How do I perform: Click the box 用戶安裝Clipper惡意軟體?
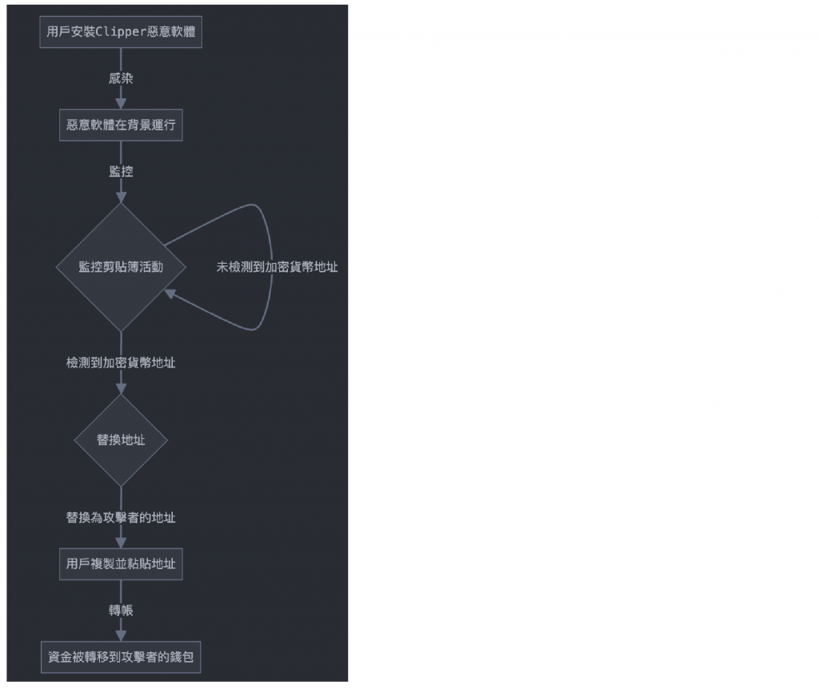tap(121, 32)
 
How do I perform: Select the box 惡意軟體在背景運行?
tap(121, 126)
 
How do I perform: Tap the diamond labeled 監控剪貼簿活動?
tap(121, 267)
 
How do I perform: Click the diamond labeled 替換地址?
tap(121, 440)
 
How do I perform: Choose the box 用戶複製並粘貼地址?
tap(121, 564)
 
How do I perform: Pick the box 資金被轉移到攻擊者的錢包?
tap(121, 658)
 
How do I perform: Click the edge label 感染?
tap(121, 78)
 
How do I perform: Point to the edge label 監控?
tap(121, 171)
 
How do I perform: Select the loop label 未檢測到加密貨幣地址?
tap(277, 267)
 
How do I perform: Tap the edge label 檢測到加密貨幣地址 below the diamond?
tap(121, 363)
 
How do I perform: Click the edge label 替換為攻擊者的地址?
tap(121, 517)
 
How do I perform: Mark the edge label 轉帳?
tap(121, 611)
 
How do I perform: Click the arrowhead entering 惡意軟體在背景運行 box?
tap(121, 103)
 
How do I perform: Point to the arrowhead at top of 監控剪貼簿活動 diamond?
tap(121, 196)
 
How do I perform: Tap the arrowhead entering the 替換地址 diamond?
tap(121, 388)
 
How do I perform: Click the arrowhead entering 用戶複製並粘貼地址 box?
tap(121, 541)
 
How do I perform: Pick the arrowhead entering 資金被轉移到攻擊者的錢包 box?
tap(121, 635)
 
